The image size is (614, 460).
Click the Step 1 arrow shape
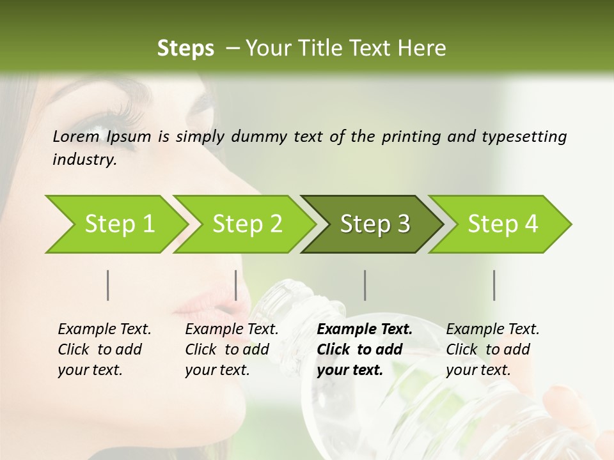point(115,224)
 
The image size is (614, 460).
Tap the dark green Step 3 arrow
point(372,224)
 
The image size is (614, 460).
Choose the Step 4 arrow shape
point(500,224)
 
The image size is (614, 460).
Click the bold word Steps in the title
point(185,49)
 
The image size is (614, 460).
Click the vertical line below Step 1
point(107,285)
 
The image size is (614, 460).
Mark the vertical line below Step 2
point(236,285)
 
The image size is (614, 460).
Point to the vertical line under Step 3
point(365,285)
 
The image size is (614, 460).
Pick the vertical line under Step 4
point(494,285)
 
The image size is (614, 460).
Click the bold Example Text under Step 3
point(365,330)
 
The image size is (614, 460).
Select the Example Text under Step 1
point(104,330)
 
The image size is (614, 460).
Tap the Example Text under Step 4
point(492,330)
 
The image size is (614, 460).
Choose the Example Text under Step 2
point(232,330)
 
